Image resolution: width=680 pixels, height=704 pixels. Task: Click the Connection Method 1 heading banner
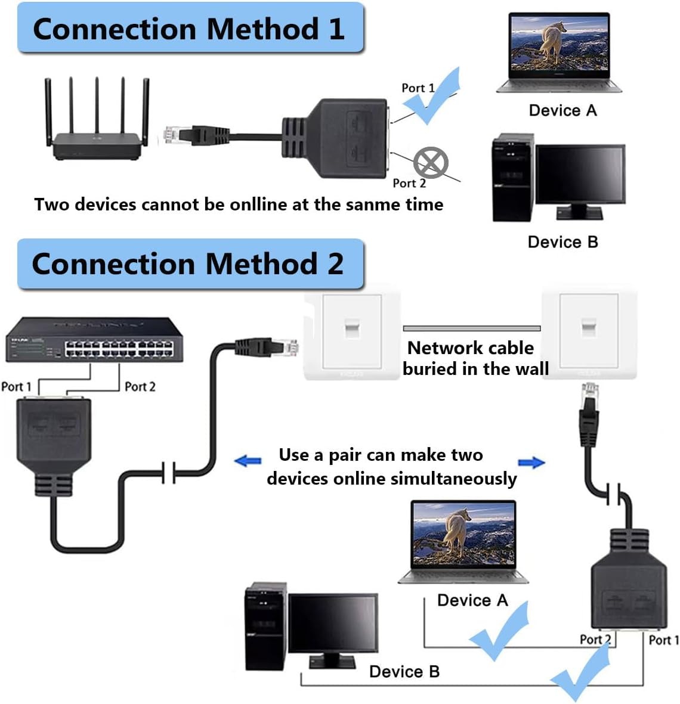(x=190, y=29)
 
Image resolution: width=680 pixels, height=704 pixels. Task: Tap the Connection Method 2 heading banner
(x=190, y=264)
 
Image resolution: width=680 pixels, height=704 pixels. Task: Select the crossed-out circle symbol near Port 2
(x=431, y=162)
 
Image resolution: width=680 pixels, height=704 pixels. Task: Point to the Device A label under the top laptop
(x=562, y=110)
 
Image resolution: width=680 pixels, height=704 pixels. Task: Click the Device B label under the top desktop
(x=562, y=242)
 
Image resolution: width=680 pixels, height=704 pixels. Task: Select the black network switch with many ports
(x=94, y=340)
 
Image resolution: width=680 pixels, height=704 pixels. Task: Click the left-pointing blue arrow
(x=248, y=461)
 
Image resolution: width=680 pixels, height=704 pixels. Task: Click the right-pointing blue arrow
(x=531, y=463)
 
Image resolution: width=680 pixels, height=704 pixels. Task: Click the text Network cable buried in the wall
(x=475, y=358)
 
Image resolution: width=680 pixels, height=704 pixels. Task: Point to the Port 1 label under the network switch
(x=16, y=387)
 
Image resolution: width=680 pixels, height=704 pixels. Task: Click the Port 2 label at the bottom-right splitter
(x=595, y=640)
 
